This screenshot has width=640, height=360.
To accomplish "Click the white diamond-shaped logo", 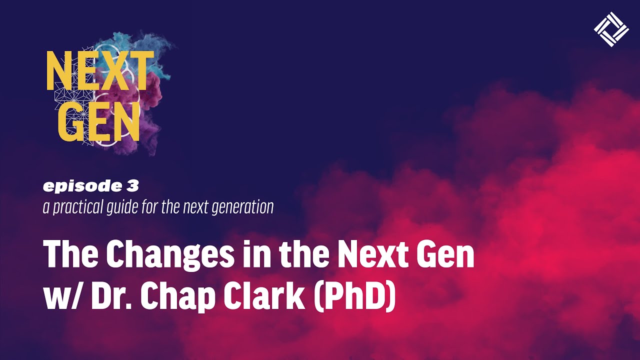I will click(611, 29).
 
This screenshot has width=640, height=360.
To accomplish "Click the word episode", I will click(76, 186).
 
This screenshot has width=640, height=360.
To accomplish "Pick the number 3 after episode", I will click(132, 186).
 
